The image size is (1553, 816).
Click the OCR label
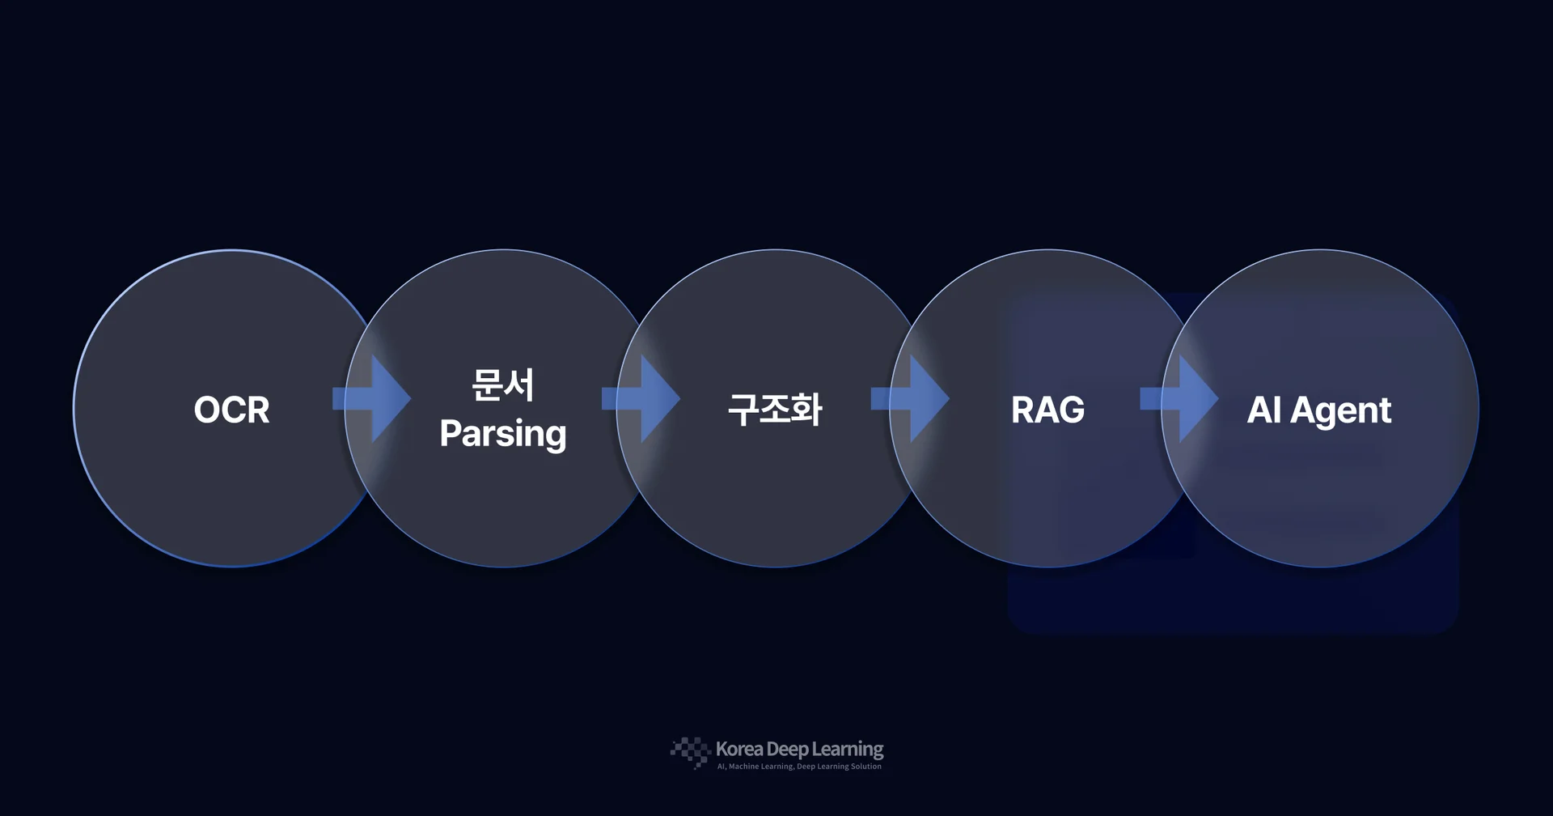[x=231, y=410]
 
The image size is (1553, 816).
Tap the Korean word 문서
[x=503, y=385]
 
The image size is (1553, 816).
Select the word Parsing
[x=503, y=434]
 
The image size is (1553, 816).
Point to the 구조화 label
[x=775, y=409]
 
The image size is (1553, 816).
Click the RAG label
[x=1047, y=410]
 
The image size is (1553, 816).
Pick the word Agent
[x=1341, y=411]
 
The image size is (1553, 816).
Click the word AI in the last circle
[x=1264, y=410]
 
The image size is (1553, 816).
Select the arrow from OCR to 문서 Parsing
[x=372, y=398]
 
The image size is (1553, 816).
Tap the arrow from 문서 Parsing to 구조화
[x=641, y=398]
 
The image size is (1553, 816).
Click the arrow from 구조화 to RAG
[x=910, y=398]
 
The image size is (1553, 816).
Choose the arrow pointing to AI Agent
[x=1179, y=398]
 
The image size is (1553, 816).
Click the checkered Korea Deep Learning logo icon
[x=691, y=752]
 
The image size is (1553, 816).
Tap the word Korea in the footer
[x=739, y=749]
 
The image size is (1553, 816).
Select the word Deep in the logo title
[x=787, y=750]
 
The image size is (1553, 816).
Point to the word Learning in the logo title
[x=848, y=750]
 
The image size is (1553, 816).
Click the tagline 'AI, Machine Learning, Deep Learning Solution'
[x=799, y=767]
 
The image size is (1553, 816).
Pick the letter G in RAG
[x=1071, y=410]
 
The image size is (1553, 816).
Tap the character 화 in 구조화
[x=807, y=409]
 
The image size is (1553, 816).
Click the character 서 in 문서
[x=519, y=385]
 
